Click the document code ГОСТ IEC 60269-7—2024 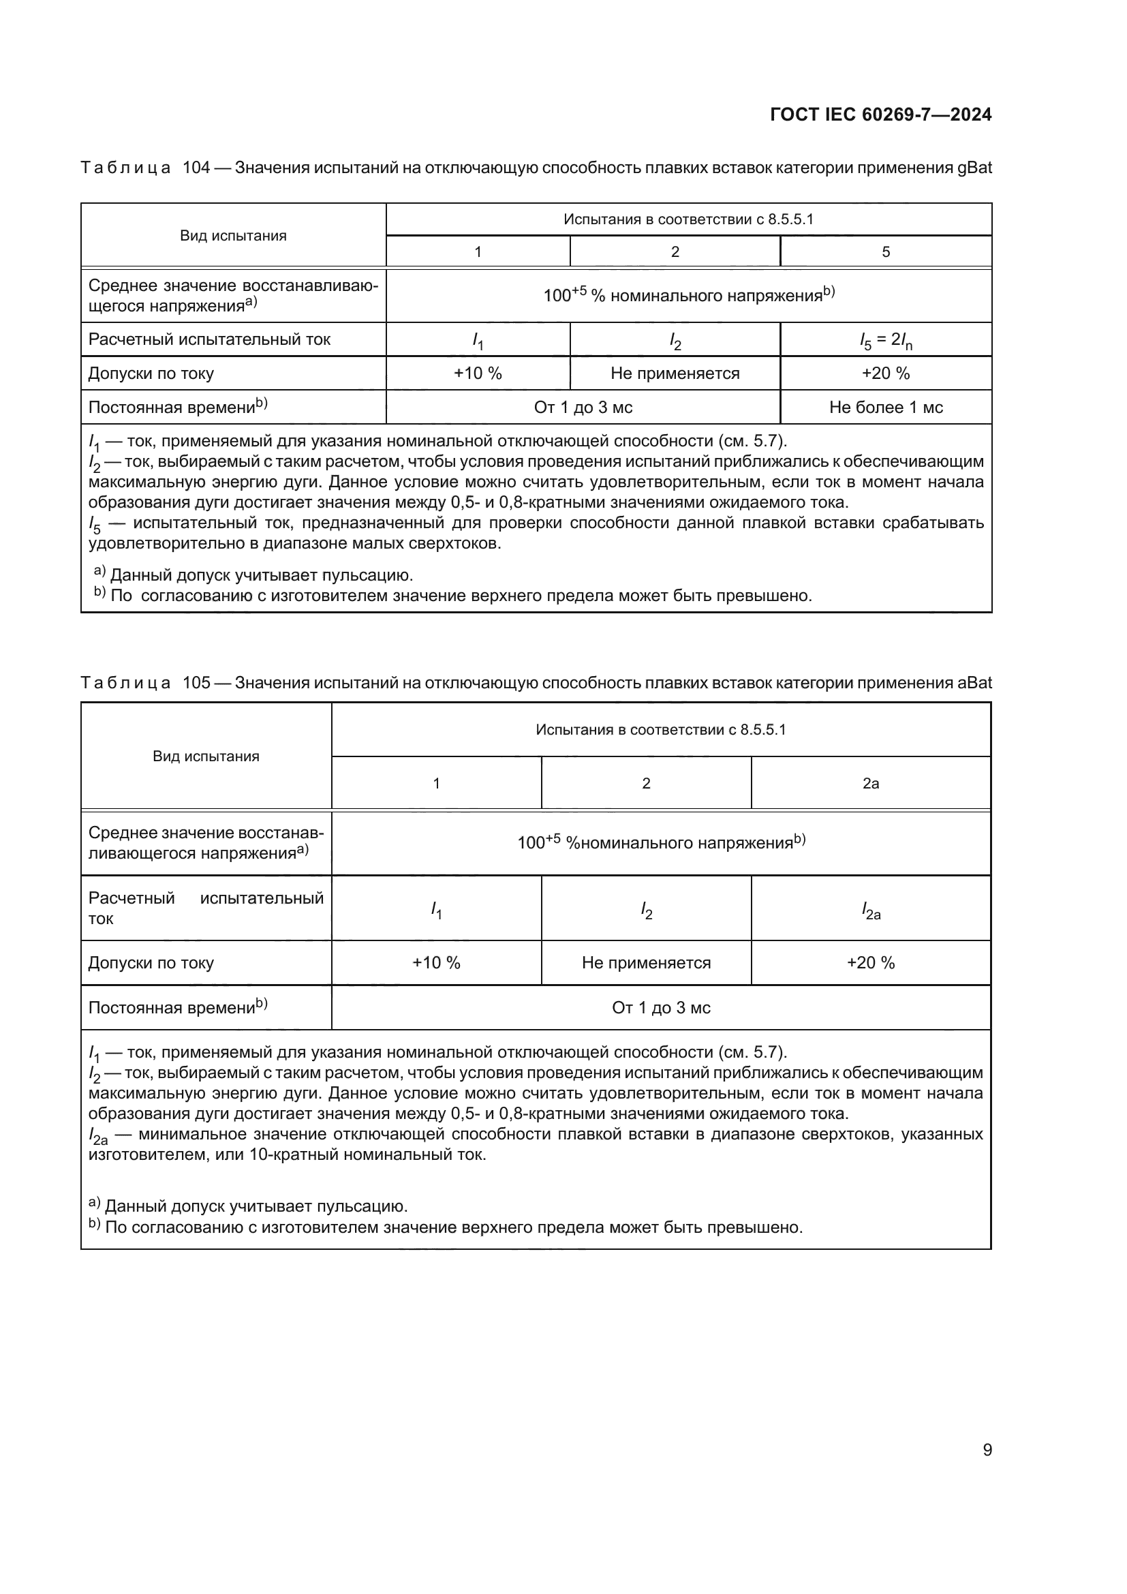[x=880, y=114]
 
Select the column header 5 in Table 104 [x=886, y=251]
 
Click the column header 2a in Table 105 [x=870, y=783]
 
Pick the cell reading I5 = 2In [x=886, y=340]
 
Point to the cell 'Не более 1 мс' [x=886, y=408]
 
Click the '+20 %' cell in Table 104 [x=886, y=373]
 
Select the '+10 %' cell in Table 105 [x=436, y=963]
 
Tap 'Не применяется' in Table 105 [x=646, y=963]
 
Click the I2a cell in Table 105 [x=870, y=910]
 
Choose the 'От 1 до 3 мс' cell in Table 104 [x=583, y=408]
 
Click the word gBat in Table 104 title [x=974, y=168]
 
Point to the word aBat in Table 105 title [x=974, y=682]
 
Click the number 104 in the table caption [x=196, y=168]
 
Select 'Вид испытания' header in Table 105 [x=206, y=756]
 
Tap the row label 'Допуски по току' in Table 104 [x=151, y=373]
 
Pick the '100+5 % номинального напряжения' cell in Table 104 [x=688, y=296]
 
